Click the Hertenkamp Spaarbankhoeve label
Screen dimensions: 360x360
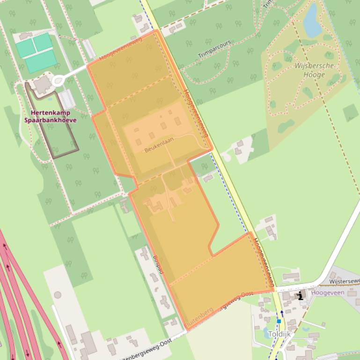[51, 116]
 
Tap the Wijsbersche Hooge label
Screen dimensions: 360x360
[314, 70]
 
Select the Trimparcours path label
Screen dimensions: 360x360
[214, 49]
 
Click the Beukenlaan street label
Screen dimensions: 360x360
[156, 149]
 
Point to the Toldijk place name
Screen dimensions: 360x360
[279, 334]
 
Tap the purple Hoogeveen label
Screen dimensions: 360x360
[328, 293]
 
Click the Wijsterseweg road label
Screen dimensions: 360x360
[345, 281]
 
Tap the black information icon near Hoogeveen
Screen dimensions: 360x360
[300, 295]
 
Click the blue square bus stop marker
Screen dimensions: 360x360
[279, 321]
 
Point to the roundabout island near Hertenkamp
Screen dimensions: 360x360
[59, 81]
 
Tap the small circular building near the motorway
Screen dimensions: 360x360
[58, 295]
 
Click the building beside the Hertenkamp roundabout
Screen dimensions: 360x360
[43, 85]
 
